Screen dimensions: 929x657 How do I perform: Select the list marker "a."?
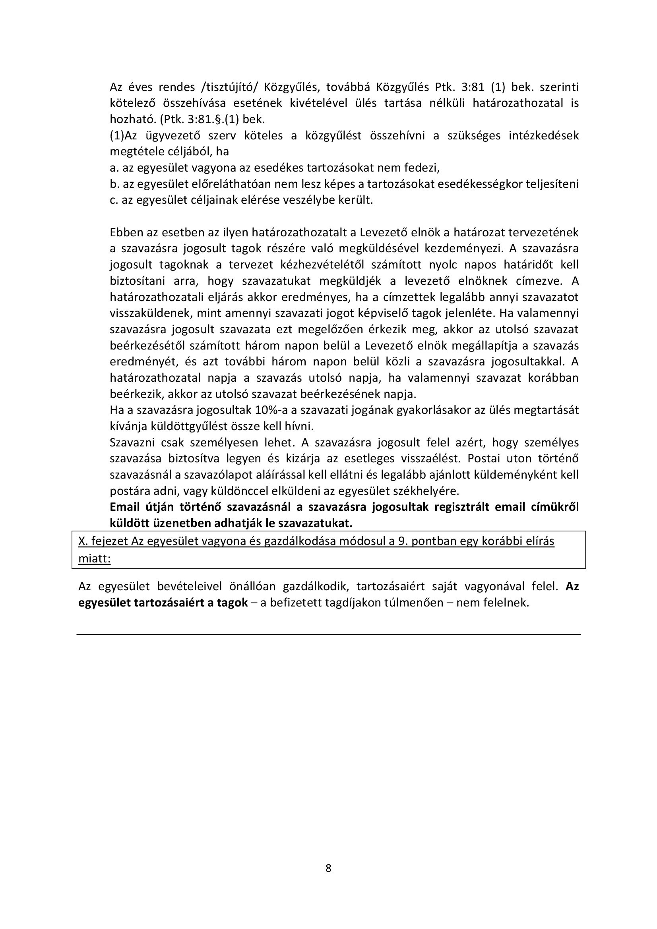(x=114, y=168)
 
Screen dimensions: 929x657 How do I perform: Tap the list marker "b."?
(x=114, y=184)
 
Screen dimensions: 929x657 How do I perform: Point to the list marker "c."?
(x=113, y=200)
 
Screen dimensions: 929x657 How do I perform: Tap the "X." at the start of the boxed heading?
(x=83, y=541)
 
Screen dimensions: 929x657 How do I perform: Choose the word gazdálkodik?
(x=320, y=586)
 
